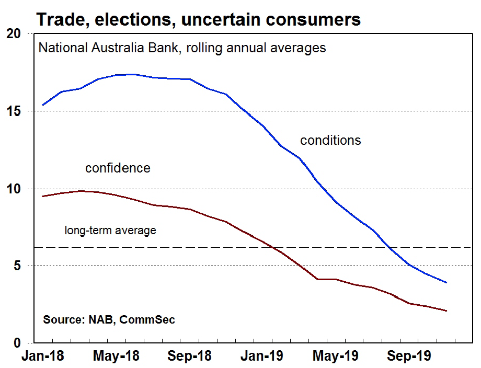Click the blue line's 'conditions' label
330,140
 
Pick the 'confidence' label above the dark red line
118,168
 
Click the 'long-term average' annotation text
110,230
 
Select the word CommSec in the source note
147,319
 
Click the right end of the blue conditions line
446,283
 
